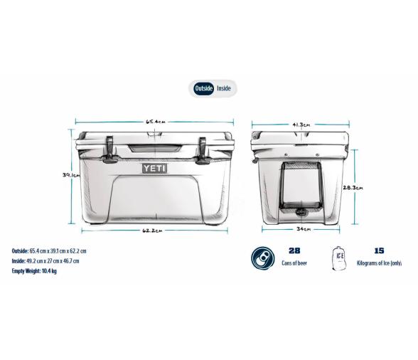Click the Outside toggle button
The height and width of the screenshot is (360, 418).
click(x=203, y=88)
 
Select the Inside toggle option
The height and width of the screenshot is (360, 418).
click(x=223, y=88)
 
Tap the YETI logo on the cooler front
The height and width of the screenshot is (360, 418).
click(x=154, y=168)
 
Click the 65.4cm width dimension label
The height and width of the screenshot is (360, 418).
click(x=155, y=122)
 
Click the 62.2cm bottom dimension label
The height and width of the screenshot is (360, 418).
click(x=152, y=230)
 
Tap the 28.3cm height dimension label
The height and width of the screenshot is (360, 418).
click(x=353, y=188)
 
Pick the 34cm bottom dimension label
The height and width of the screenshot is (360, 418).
click(x=302, y=229)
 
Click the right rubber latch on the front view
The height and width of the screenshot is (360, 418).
click(x=203, y=147)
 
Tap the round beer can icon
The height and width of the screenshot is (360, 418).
click(x=262, y=258)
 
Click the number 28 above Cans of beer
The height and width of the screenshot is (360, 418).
click(x=294, y=251)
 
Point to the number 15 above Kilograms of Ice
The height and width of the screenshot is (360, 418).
click(x=379, y=251)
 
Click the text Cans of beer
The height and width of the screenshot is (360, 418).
click(x=294, y=263)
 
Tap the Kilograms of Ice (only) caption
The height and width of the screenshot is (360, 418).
click(x=379, y=263)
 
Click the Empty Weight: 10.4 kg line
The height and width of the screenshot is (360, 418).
click(x=35, y=271)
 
